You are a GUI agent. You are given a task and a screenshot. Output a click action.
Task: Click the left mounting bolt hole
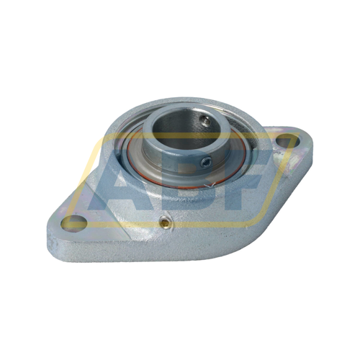pos(73,224)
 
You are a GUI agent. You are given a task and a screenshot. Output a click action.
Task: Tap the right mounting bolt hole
pos(288,141)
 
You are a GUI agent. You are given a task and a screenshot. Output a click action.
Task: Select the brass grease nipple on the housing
pos(166,221)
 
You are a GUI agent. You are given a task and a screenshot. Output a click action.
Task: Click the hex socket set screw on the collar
pos(207,163)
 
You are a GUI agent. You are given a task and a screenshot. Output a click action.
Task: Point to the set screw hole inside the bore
pos(206,121)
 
